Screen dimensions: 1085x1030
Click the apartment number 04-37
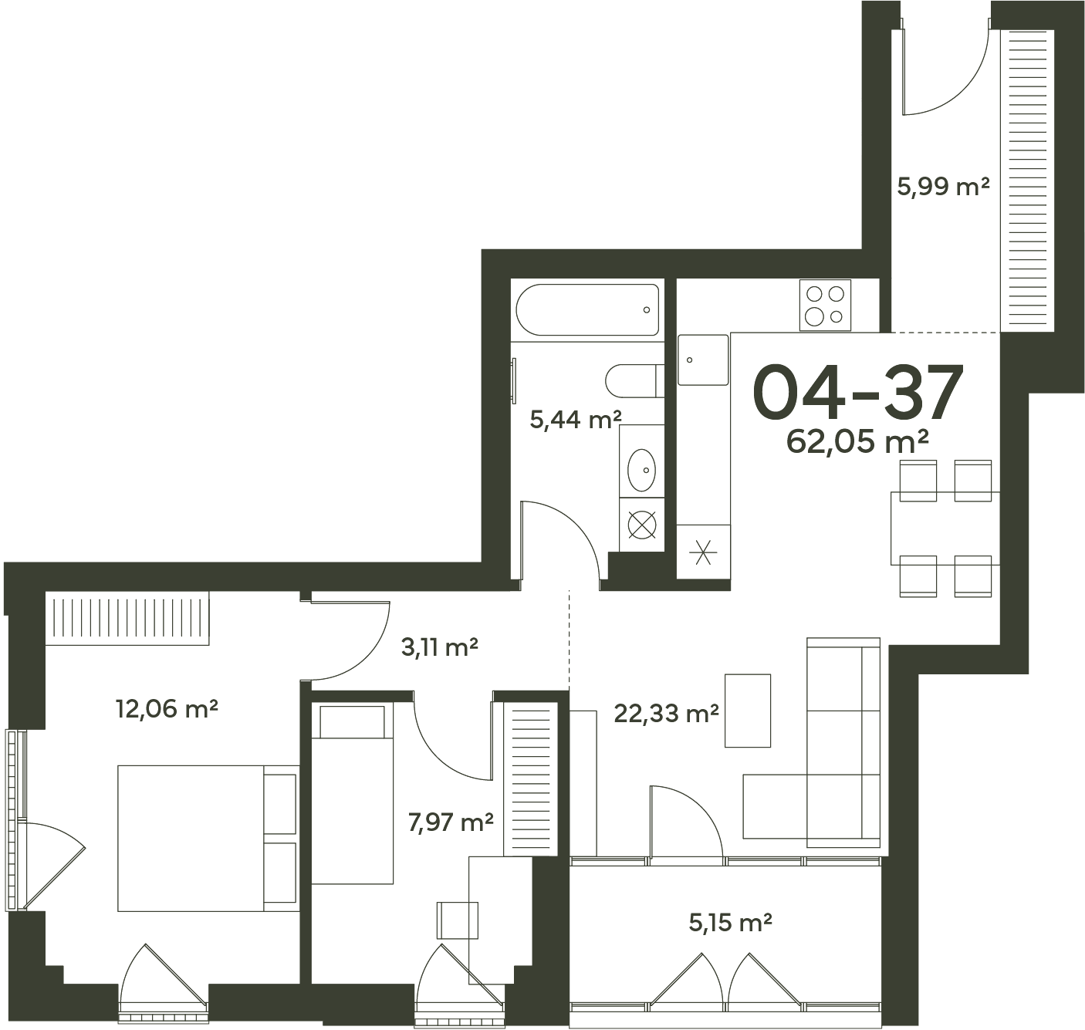pos(858,393)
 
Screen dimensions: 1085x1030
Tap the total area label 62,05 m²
pos(857,441)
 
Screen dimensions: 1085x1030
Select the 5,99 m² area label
pos(942,187)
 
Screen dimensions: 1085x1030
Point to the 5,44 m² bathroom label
pos(576,420)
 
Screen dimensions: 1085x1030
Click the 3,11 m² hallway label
pos(439,647)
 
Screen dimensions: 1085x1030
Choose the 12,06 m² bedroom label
pos(167,708)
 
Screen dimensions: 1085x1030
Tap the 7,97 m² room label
pos(451,822)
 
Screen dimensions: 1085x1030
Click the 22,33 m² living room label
pos(666,714)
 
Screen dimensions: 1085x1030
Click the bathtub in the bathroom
pos(588,309)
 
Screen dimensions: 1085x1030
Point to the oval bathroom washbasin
pos(641,471)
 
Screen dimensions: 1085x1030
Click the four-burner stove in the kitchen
pos(825,306)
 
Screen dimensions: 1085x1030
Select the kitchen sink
pos(703,360)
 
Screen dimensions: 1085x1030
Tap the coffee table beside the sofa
pos(747,711)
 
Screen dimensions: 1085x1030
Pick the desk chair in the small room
pos(458,920)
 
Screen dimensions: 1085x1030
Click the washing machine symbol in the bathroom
pos(642,525)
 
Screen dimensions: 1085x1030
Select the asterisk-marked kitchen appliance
pos(704,552)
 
